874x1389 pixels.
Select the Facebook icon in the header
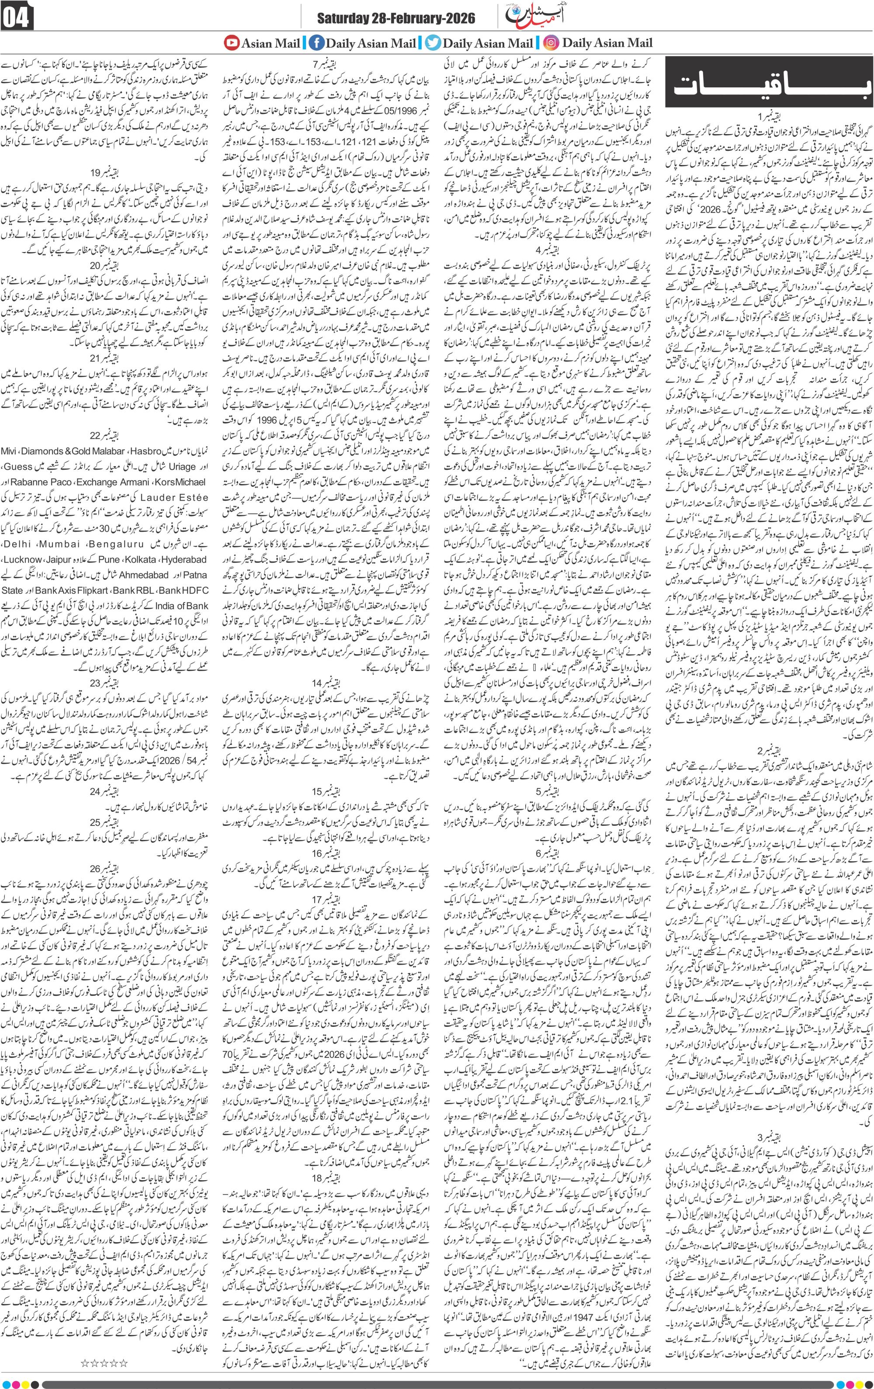point(316,43)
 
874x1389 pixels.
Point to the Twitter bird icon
point(432,43)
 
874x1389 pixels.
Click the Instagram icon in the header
point(551,43)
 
